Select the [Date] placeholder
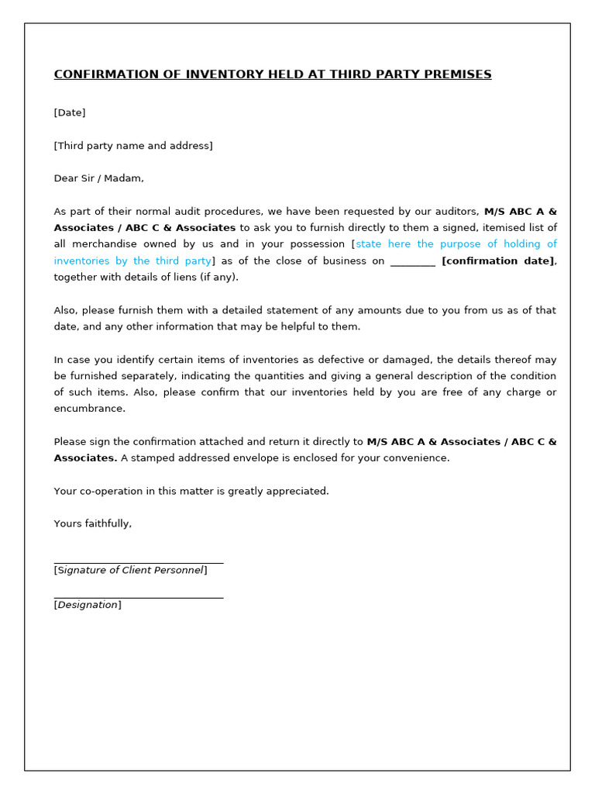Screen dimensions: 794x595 70,112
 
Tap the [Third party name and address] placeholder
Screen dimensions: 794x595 133,146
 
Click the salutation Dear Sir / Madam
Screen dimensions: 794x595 98,178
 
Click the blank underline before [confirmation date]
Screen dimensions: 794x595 412,261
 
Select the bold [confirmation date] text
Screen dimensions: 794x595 498,261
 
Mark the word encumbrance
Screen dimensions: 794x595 89,409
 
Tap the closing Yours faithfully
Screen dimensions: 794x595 93,524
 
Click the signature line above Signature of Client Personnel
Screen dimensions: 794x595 139,562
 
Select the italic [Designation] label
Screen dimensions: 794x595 88,605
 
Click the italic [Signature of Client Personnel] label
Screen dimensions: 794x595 130,571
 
